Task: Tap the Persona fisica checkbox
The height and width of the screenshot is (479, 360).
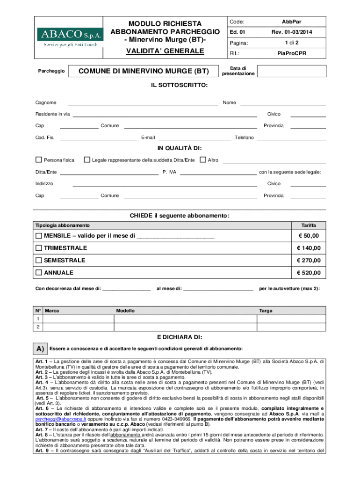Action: [39, 160]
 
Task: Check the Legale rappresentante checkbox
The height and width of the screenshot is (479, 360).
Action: [87, 160]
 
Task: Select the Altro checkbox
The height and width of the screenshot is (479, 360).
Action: [203, 160]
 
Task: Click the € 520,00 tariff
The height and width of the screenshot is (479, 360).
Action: [309, 273]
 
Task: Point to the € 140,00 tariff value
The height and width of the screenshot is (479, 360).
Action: [309, 248]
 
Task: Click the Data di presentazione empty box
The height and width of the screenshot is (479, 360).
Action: [291, 71]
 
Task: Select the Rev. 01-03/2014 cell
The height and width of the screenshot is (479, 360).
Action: [292, 32]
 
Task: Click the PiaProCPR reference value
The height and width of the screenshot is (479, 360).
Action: [292, 54]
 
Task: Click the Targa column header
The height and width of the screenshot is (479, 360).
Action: [266, 311]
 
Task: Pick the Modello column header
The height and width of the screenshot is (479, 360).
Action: [125, 311]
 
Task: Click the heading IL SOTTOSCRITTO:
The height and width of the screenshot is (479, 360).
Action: [180, 86]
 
